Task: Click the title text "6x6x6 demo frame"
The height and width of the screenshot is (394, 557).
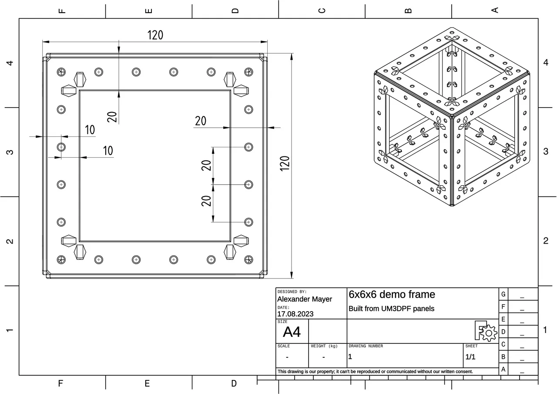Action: pos(392,295)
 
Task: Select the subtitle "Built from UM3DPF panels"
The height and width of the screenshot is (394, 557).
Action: pos(391,309)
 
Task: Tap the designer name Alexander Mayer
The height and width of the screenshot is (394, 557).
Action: pos(305,299)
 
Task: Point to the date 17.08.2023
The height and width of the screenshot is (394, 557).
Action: pos(295,314)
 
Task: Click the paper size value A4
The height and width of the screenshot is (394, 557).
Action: pos(292,333)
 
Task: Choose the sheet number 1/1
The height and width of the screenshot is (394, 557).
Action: pos(470,357)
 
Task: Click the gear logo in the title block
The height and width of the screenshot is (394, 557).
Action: pos(486,332)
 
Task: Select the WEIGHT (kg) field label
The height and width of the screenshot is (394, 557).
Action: pos(324,346)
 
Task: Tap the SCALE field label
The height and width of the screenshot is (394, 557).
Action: pos(283,346)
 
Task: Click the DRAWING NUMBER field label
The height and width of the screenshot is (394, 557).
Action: pos(366,346)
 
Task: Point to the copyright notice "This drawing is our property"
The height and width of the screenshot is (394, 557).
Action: pos(375,371)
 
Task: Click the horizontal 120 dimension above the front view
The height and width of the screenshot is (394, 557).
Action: pos(155,35)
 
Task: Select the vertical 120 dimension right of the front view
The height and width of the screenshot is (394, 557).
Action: pos(285,163)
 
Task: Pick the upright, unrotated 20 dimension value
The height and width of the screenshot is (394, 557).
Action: pos(201,121)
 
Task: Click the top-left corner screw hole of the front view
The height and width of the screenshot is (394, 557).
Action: pos(61,71)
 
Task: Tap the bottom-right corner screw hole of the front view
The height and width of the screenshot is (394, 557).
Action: pos(248,260)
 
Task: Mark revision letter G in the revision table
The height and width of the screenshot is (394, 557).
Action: pos(503,294)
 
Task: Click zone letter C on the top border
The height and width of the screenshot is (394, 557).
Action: pos(322,10)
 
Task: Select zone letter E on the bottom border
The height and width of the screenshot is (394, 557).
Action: pos(147,384)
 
